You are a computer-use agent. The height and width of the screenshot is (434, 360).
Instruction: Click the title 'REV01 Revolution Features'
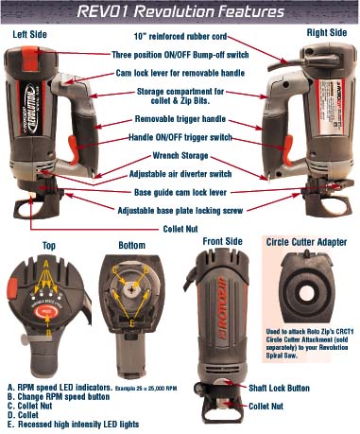180,13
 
